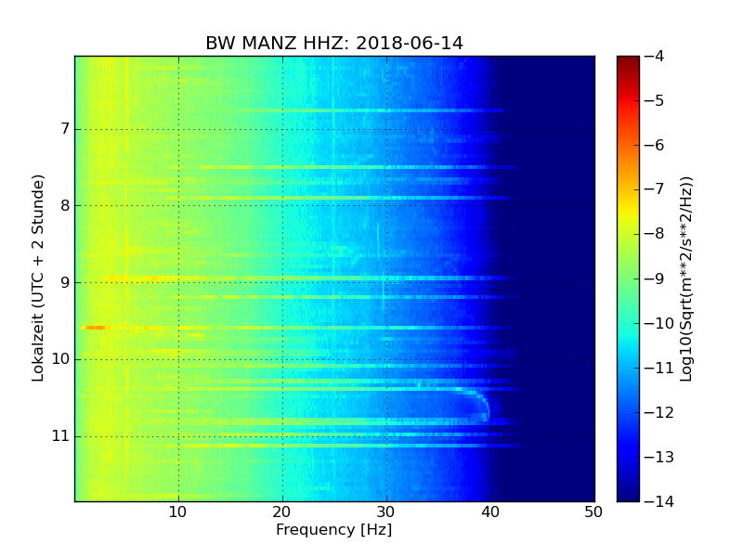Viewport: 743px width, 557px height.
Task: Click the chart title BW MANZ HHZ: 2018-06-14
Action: pyautogui.click(x=334, y=44)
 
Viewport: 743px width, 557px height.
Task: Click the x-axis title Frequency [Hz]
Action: pyautogui.click(x=333, y=530)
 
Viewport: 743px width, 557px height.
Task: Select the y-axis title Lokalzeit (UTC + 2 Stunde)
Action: pyautogui.click(x=38, y=278)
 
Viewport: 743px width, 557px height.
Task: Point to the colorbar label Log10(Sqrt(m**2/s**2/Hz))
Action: pyautogui.click(x=686, y=278)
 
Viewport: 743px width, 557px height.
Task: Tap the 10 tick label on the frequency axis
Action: pyautogui.click(x=178, y=512)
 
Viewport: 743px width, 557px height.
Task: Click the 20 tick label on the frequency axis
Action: pyautogui.click(x=282, y=512)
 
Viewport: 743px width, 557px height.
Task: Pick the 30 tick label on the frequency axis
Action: pyautogui.click(x=386, y=512)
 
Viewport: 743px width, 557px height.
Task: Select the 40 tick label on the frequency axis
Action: pyautogui.click(x=490, y=512)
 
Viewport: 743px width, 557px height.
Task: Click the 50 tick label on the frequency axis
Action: pyautogui.click(x=593, y=512)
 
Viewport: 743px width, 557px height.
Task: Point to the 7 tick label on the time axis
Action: pyautogui.click(x=64, y=129)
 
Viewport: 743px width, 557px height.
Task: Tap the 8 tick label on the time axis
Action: pyautogui.click(x=64, y=205)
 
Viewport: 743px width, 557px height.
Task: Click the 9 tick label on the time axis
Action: pyautogui.click(x=64, y=282)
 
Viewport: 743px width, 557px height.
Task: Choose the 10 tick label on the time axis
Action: pyautogui.click(x=60, y=359)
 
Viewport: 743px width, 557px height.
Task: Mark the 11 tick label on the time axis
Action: pyautogui.click(x=60, y=435)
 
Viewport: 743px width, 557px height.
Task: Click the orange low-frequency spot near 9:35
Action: pyautogui.click(x=95, y=328)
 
